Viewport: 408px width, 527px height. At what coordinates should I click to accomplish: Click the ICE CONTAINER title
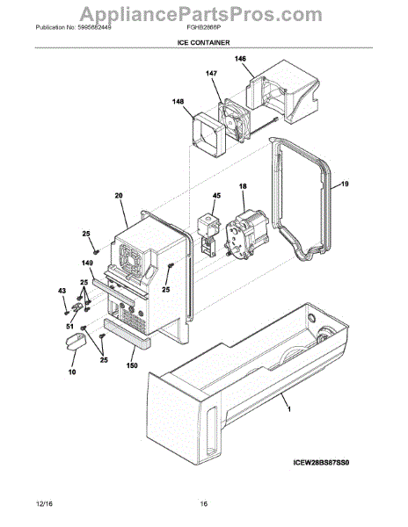[x=203, y=40]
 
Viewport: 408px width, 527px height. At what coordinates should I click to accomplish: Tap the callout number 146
[x=240, y=58]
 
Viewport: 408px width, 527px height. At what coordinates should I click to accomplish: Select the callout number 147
[x=212, y=74]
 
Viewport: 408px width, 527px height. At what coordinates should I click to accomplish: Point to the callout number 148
[x=178, y=101]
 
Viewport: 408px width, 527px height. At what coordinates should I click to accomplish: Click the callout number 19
[x=346, y=184]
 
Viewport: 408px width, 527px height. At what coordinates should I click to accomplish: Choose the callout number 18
[x=242, y=187]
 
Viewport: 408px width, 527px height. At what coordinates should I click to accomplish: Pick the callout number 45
[x=216, y=196]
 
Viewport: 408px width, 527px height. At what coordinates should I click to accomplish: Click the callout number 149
[x=87, y=263]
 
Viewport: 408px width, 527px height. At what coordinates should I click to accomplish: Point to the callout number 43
[x=62, y=291]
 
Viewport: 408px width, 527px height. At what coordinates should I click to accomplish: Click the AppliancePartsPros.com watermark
[x=203, y=11]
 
